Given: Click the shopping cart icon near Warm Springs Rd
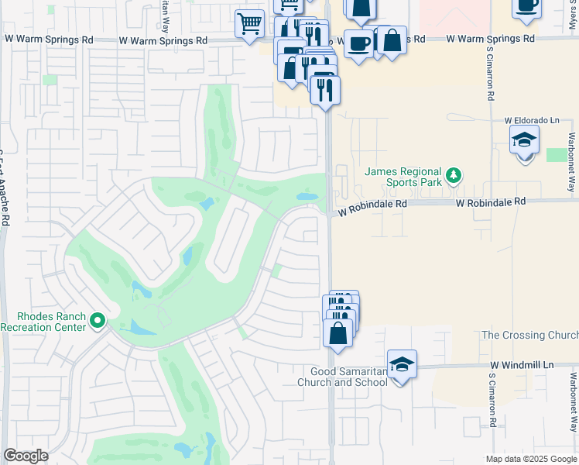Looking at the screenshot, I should (x=249, y=23).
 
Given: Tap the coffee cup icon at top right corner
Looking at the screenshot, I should (x=526, y=5).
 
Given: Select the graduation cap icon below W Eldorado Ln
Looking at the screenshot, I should (x=524, y=141).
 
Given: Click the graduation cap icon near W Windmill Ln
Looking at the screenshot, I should (x=402, y=363).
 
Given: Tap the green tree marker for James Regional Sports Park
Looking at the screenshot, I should (x=453, y=176).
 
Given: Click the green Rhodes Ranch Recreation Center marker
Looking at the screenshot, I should (x=98, y=320).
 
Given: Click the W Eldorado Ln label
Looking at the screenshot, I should (x=531, y=121).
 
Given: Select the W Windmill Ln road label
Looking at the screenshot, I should (x=522, y=365).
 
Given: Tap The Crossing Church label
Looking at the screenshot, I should (x=529, y=335).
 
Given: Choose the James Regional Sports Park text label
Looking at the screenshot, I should (x=403, y=177).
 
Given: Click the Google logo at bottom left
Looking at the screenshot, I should (x=26, y=456).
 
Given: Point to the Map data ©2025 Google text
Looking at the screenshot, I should (x=531, y=459).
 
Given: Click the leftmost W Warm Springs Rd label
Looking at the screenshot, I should (x=48, y=39).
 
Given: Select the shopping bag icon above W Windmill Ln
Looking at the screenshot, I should (x=338, y=333).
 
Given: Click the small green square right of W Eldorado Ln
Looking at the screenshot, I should (x=557, y=155).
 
